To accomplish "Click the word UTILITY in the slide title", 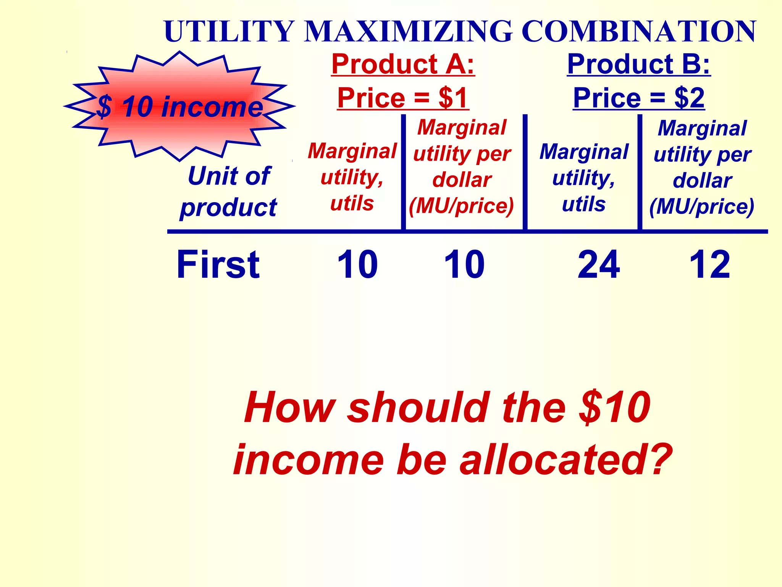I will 229,31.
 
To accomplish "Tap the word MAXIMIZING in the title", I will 407,31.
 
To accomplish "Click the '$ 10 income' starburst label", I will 179,107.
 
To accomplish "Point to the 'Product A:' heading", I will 403,64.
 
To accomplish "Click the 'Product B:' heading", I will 638,64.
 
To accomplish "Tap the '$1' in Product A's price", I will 453,98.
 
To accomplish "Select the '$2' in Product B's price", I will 689,98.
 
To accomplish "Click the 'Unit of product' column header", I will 229,191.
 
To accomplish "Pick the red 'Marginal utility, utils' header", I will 352,177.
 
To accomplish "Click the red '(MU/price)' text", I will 461,206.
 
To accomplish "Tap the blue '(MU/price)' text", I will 702,207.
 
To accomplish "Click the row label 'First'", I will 218,264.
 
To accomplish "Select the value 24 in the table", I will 599,264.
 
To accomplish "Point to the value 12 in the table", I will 710,264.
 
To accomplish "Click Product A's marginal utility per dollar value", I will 464,264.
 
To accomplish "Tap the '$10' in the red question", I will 614,407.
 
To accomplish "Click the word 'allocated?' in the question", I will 565,460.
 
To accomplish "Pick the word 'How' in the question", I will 290,407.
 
